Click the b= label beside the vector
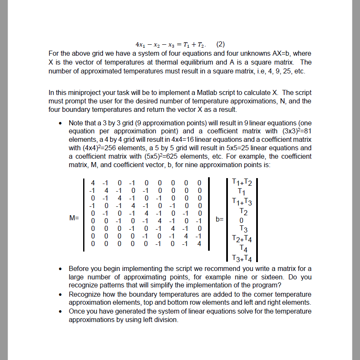pos(219,219)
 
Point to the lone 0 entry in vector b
pos(241,220)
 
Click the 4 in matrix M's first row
pos(93,183)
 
